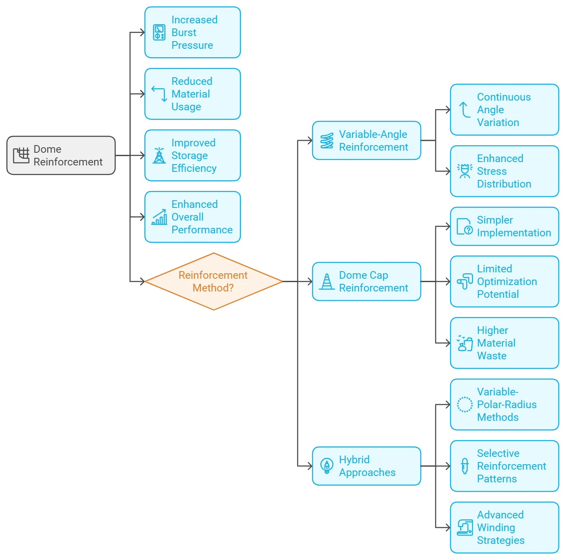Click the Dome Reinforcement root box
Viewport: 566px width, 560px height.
point(61,155)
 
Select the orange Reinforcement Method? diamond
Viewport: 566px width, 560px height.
point(214,281)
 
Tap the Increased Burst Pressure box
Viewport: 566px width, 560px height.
point(192,32)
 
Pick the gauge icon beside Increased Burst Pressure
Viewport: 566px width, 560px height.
point(159,32)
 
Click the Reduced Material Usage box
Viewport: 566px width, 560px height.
point(192,94)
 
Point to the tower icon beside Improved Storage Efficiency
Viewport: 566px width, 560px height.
point(159,155)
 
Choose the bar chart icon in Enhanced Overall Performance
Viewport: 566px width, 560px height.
point(159,217)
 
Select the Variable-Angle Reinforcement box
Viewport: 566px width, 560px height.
point(366,140)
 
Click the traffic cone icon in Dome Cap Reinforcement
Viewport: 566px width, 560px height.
point(327,281)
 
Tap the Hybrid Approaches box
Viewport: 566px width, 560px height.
point(366,466)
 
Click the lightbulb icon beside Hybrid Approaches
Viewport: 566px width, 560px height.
point(327,466)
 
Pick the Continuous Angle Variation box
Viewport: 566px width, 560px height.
point(504,109)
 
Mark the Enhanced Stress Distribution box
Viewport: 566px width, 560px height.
point(504,171)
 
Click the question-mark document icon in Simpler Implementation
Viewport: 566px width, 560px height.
point(465,226)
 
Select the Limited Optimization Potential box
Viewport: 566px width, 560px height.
point(504,281)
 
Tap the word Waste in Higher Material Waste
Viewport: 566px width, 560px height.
point(492,356)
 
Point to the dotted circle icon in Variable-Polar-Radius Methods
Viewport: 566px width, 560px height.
point(465,404)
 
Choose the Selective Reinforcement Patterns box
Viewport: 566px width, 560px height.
point(504,466)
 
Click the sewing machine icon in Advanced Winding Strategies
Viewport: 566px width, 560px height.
point(465,527)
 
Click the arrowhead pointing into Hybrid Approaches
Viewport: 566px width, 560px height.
point(310,466)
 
